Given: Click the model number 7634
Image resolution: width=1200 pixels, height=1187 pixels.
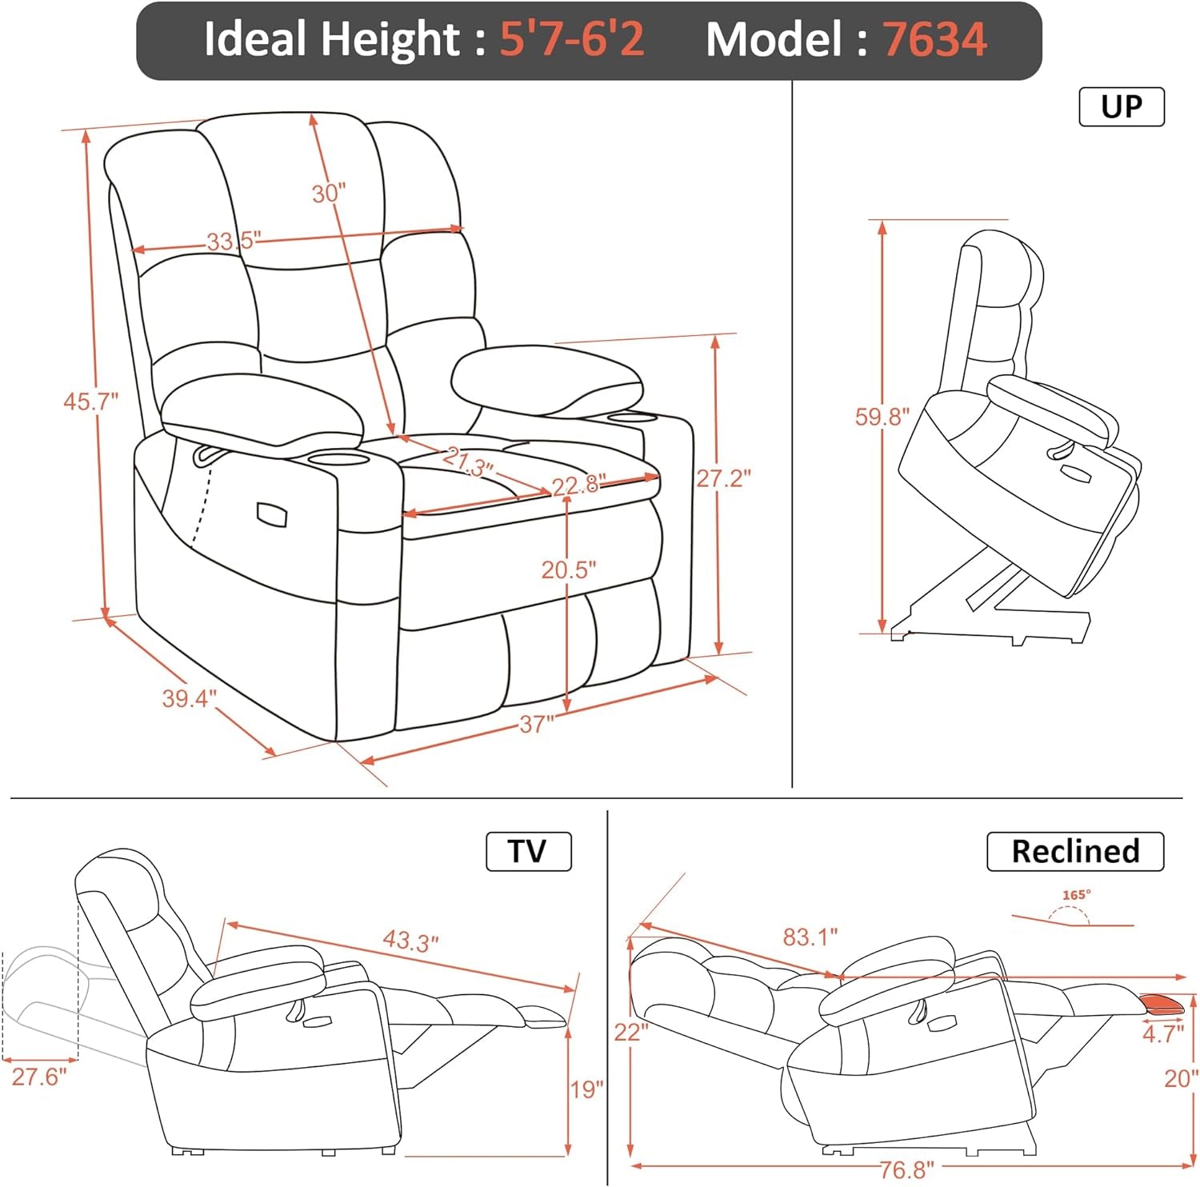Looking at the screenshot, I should coord(934,39).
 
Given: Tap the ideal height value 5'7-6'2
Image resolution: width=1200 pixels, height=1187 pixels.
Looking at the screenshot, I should coord(572,39).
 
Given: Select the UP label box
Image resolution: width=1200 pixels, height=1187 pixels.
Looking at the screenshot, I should coord(1122,107).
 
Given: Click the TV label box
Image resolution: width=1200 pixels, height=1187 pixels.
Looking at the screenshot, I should coord(529,851).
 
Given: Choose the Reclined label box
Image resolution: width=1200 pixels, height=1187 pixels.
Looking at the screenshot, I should coord(1075,851).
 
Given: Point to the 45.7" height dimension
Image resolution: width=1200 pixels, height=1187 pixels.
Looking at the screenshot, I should coord(90,402).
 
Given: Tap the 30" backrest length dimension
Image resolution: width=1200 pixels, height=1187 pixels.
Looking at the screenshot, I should coord(329,193).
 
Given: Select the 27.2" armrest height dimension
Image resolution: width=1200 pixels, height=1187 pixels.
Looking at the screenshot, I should coord(723,478).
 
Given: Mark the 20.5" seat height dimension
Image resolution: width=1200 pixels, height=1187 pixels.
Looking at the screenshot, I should coord(569,570).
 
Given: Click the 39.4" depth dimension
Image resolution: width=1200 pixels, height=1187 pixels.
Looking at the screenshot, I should coord(189,698).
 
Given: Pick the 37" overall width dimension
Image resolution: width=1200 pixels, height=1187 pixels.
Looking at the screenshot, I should coord(536,725).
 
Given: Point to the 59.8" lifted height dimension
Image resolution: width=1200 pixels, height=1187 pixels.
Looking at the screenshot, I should coord(882,417).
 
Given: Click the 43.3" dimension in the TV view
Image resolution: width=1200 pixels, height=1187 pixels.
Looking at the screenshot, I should coord(410,941).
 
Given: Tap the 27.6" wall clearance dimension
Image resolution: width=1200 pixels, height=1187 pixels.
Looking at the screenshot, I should coord(39,1077).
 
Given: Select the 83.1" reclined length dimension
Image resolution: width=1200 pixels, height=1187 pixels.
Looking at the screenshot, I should coord(810,936).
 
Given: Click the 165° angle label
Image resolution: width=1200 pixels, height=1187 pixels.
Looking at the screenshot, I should coord(1077,895).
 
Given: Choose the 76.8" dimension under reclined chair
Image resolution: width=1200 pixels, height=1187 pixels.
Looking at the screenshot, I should coord(906,1170).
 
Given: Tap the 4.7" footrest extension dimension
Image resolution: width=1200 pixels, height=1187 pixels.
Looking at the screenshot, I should coord(1162,1033).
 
